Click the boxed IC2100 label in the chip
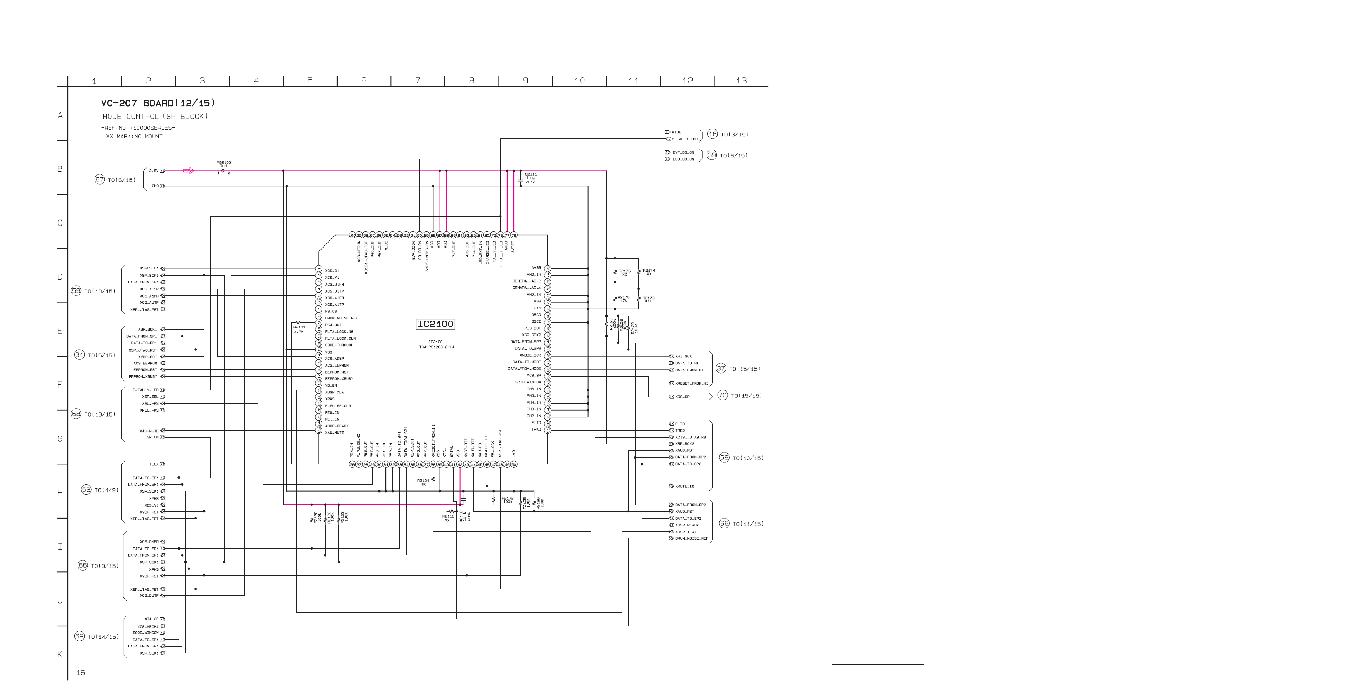pyautogui.click(x=435, y=324)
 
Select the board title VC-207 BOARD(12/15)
pyautogui.click(x=158, y=103)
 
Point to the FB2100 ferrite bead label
pyautogui.click(x=223, y=162)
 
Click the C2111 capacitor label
pyautogui.click(x=530, y=174)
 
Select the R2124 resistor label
pyautogui.click(x=423, y=481)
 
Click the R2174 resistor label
pyautogui.click(x=649, y=271)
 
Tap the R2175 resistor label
pyautogui.click(x=623, y=297)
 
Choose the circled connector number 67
pyautogui.click(x=99, y=180)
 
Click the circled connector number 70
pyautogui.click(x=723, y=395)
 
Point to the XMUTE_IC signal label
pyautogui.click(x=684, y=486)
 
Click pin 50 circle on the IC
pyautogui.click(x=513, y=464)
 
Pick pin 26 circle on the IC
pyautogui.click(x=352, y=464)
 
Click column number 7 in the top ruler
pyautogui.click(x=418, y=81)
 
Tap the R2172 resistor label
pyautogui.click(x=507, y=498)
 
